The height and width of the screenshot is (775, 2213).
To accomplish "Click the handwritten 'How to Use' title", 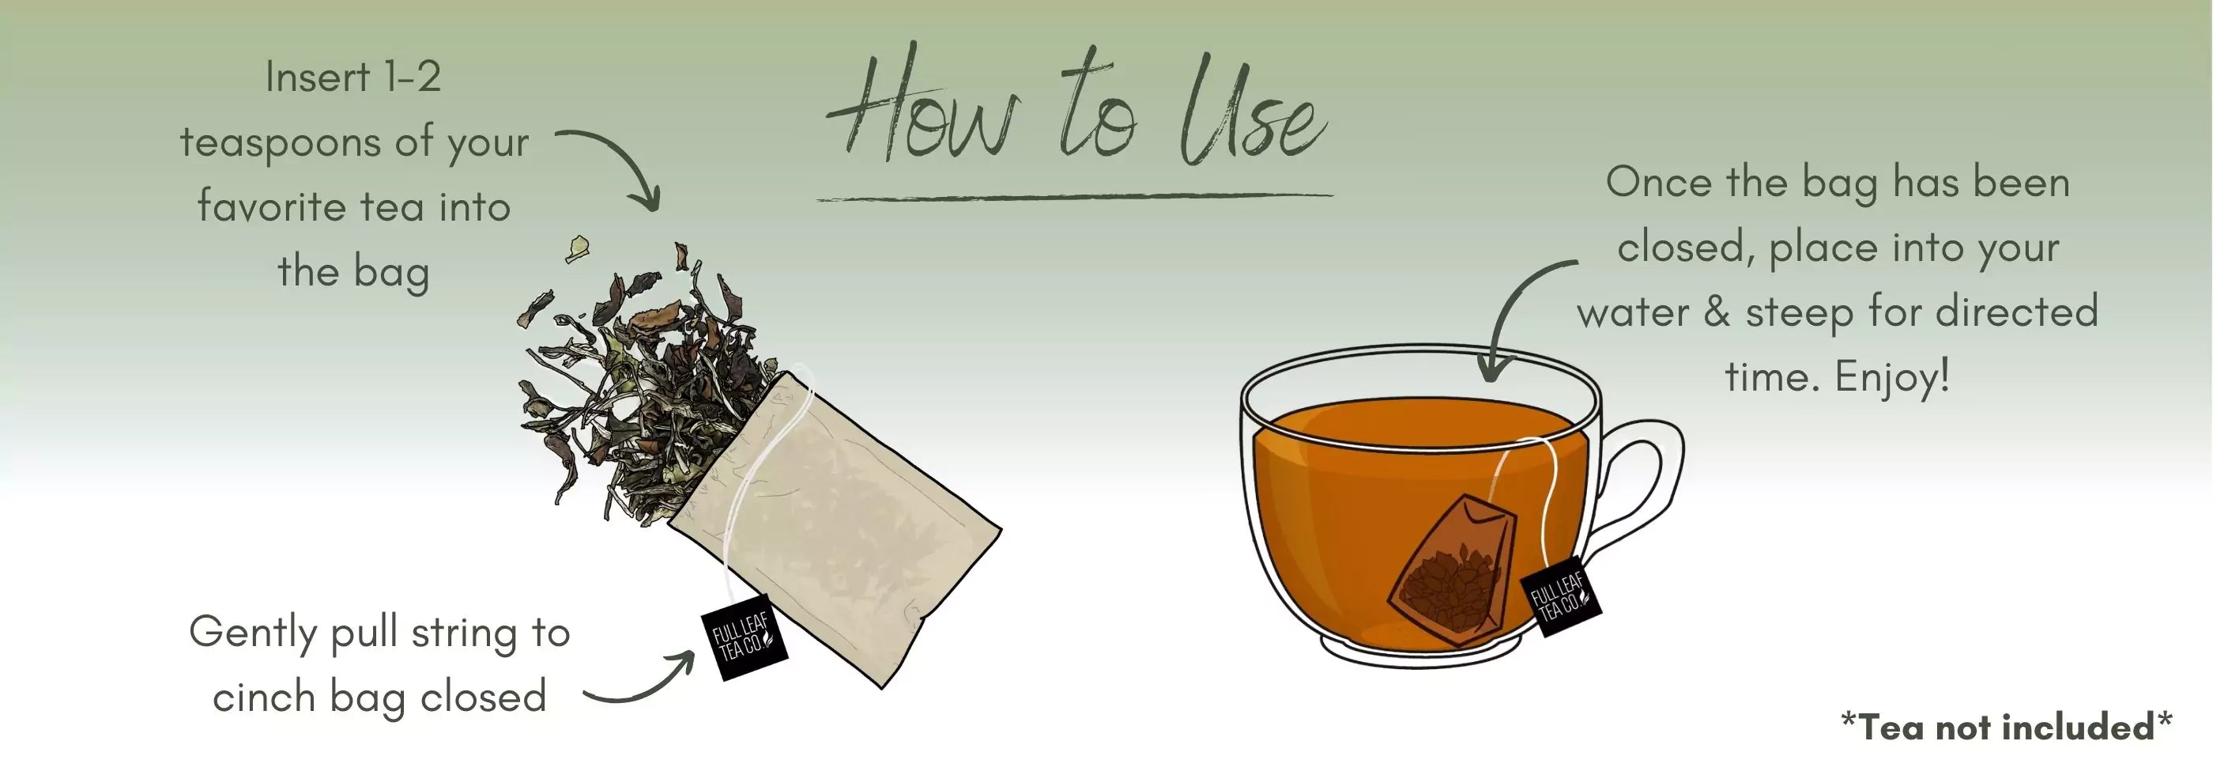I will (x=1074, y=108).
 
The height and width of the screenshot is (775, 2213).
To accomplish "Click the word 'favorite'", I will (x=270, y=207).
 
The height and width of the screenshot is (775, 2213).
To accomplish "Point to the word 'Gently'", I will (x=254, y=634).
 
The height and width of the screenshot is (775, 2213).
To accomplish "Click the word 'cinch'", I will (x=264, y=697).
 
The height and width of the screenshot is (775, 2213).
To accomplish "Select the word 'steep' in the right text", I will (x=1800, y=312).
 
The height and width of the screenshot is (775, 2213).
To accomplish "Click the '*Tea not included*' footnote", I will (x=2006, y=728).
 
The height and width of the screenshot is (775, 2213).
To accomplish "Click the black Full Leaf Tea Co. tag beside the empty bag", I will (x=744, y=637).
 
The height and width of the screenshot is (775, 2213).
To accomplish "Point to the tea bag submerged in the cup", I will (x=1452, y=572).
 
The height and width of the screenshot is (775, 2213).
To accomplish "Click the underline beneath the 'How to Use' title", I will (x=1074, y=198).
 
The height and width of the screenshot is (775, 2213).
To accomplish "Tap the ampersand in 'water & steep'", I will (x=1717, y=312).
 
